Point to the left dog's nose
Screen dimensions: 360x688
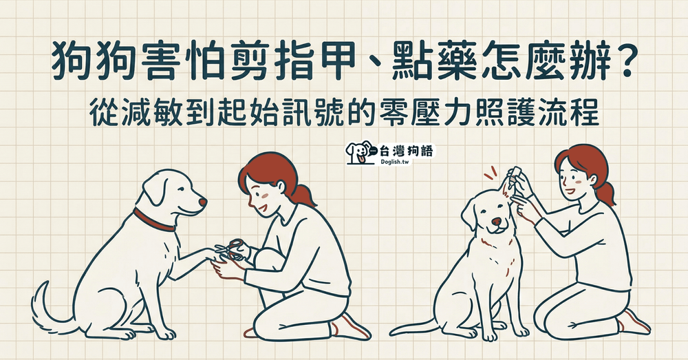click(x=202, y=202)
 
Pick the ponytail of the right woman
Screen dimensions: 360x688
click(x=605, y=193)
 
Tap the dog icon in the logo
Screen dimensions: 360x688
click(x=357, y=152)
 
